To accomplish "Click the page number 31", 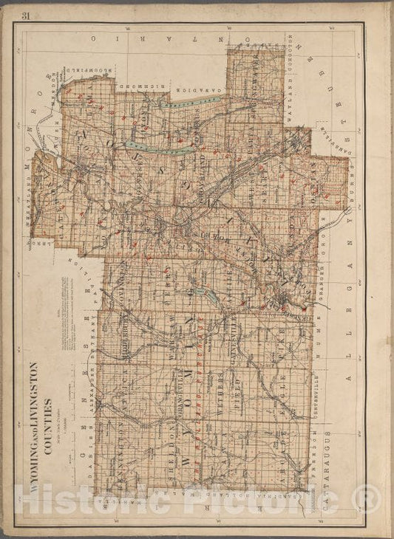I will point(26,16).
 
